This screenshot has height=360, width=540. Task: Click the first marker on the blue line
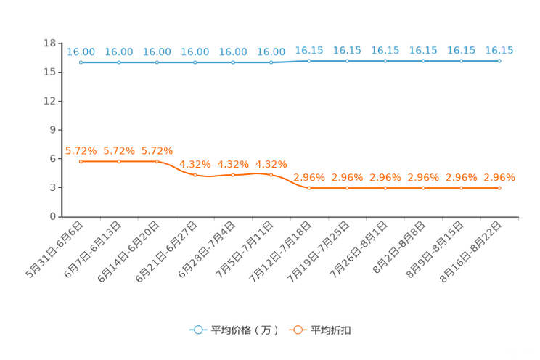[81, 62]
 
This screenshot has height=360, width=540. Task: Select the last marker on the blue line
[499, 62]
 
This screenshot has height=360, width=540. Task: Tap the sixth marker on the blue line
[271, 62]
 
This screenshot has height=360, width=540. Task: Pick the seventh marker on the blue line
[309, 62]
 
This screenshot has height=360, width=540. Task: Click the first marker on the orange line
[81, 160]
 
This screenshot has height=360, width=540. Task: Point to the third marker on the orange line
[157, 160]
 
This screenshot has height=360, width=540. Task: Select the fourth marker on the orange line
[195, 174]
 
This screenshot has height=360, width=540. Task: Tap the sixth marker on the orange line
[271, 174]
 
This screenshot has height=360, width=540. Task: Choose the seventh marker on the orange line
[309, 188]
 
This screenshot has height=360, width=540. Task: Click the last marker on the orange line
[499, 188]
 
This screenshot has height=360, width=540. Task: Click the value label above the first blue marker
[81, 52]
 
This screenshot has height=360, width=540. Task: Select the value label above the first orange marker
[81, 150]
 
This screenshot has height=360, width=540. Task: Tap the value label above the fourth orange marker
[195, 164]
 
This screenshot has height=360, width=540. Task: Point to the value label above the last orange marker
[499, 177]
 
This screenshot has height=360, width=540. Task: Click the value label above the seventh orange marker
[309, 177]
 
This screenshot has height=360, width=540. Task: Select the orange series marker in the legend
[298, 330]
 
